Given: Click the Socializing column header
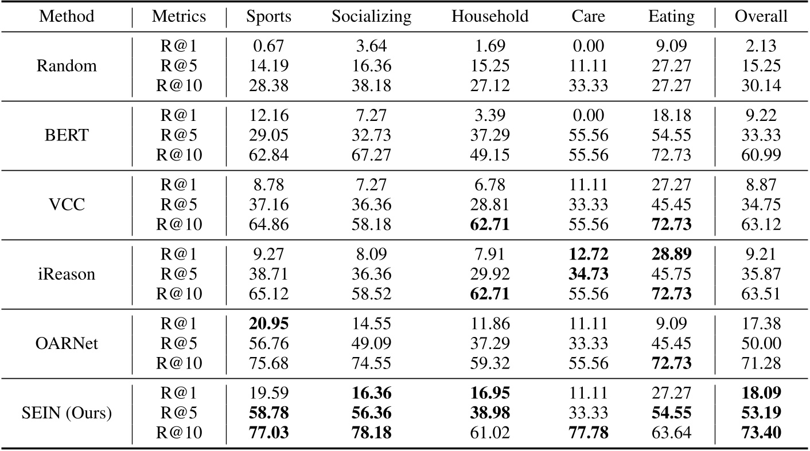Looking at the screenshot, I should pos(371,17).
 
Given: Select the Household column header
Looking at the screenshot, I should pos(490,17).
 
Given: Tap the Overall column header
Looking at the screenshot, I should pos(761,17).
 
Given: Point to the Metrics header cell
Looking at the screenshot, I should pos(179,17).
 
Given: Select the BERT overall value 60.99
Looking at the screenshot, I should pos(761,154).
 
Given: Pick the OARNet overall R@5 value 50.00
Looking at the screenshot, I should pos(761,343).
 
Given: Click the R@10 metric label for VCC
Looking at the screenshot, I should pos(179,223).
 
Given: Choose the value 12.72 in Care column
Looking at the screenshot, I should pos(588,255).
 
